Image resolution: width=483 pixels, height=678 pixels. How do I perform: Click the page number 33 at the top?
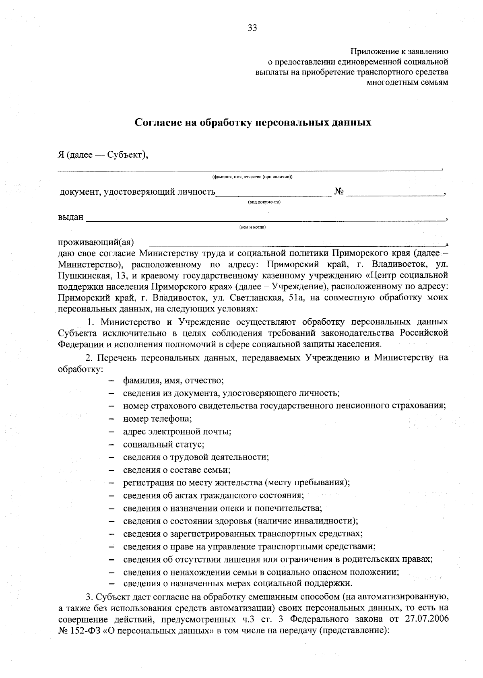pos(252,28)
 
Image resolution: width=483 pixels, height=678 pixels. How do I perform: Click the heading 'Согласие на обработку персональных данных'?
pos(252,122)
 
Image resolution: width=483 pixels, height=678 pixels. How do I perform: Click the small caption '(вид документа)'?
pos(264,202)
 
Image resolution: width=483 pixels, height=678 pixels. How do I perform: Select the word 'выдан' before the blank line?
pos(71,217)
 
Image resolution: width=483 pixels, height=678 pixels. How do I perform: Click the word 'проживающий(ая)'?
pos(96,242)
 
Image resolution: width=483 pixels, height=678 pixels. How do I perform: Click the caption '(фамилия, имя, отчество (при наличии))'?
pos(252,177)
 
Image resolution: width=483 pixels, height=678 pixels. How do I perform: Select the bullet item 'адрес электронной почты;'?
pos(177,431)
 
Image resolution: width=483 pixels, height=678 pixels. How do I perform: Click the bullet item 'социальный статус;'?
pos(164,444)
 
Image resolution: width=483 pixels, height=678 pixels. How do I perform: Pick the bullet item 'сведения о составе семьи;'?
pos(177,470)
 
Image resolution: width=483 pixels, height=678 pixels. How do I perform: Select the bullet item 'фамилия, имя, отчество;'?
pos(173,380)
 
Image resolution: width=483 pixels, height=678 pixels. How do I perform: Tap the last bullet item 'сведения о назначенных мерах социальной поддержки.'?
pos(237,583)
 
